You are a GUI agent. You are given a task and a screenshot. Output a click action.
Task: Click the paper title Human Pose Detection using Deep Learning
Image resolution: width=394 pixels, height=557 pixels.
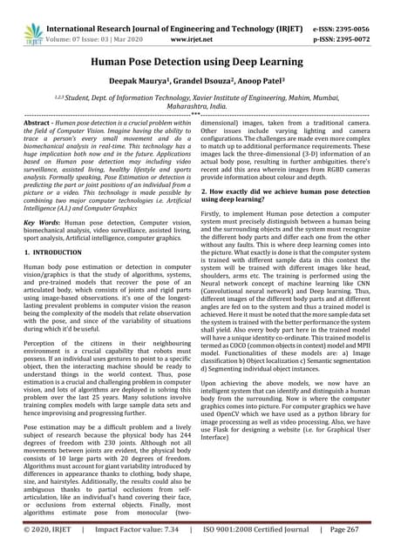click(196, 64)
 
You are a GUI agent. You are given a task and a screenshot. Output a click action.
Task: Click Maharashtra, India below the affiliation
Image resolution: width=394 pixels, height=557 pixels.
click(196, 111)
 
